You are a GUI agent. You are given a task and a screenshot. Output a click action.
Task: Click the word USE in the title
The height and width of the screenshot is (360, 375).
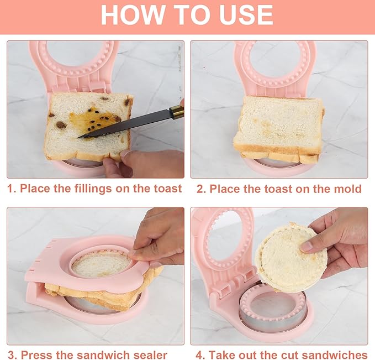tap(245, 15)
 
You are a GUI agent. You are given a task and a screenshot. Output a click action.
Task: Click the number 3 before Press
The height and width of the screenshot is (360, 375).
tap(10, 354)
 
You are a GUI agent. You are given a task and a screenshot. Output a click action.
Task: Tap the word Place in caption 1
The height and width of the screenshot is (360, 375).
tap(35, 189)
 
